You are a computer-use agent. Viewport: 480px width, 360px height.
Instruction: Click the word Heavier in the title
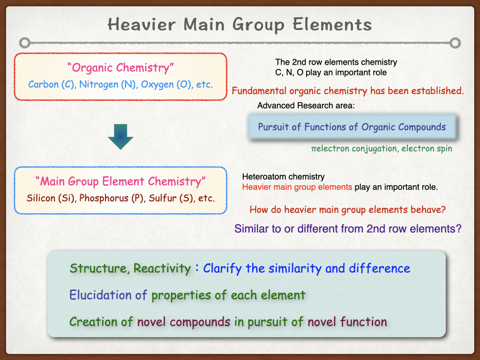pos(142,24)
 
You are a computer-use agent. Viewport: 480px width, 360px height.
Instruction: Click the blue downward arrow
pos(120,136)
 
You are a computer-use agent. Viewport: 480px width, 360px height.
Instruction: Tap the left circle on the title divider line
pos(25,43)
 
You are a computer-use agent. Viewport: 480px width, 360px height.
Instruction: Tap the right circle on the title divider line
pos(455,43)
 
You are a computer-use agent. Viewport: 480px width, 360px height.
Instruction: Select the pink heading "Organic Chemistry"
pos(120,67)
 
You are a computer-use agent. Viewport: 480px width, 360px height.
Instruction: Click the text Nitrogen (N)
pos(108,84)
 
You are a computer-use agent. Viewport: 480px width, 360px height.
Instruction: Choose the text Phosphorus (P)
pos(112,198)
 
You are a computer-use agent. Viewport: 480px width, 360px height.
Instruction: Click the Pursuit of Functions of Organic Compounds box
pos(352,127)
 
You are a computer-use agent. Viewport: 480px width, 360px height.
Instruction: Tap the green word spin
pos(445,149)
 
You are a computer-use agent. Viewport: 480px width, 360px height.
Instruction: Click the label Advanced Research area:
pos(306,105)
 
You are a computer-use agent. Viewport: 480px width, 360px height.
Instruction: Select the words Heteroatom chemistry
pos(284,177)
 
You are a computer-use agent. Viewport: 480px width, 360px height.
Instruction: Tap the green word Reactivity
pos(162,269)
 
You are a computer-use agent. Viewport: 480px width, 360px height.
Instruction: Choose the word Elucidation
pos(101,295)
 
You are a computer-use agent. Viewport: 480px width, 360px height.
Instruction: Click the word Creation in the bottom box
pos(93,322)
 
